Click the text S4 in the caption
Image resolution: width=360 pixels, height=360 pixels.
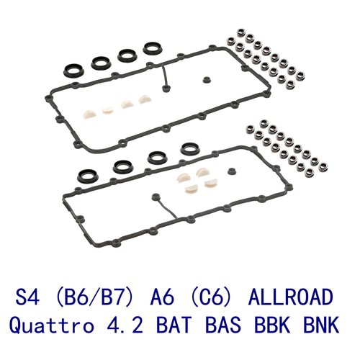pyautogui.click(x=27, y=297)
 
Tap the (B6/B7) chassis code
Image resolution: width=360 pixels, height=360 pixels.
pyautogui.click(x=94, y=297)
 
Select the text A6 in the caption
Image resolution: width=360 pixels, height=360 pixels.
pyautogui.click(x=162, y=297)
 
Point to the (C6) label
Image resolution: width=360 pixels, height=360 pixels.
pyautogui.click(x=211, y=297)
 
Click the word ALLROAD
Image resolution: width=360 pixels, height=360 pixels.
pyautogui.click(x=291, y=297)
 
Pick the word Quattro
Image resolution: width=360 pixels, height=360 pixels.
pyautogui.click(x=52, y=325)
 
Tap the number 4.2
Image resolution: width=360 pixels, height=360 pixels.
pyautogui.click(x=125, y=324)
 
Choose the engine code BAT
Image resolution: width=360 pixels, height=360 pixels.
pyautogui.click(x=174, y=324)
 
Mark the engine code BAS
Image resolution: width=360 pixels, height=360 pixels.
pyautogui.click(x=223, y=324)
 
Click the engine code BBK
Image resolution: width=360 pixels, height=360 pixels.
pyautogui.click(x=272, y=324)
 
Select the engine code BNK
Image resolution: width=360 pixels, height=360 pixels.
pyautogui.click(x=321, y=324)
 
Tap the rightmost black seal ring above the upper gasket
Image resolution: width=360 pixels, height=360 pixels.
pyautogui.click(x=153, y=48)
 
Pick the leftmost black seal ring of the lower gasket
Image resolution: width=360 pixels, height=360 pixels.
pyautogui.click(x=88, y=176)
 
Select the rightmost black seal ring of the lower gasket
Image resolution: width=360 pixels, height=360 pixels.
pyautogui.click(x=190, y=149)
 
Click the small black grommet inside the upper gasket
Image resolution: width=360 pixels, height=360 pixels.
pyautogui.click(x=206, y=80)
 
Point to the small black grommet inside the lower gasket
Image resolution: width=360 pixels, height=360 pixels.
pyautogui.click(x=232, y=171)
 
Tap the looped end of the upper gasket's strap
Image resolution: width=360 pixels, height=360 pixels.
pyautogui.click(x=165, y=88)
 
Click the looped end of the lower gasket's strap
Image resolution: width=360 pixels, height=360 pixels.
pyautogui.click(x=156, y=197)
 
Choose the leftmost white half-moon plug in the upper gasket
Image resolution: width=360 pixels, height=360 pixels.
pyautogui.click(x=89, y=114)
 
